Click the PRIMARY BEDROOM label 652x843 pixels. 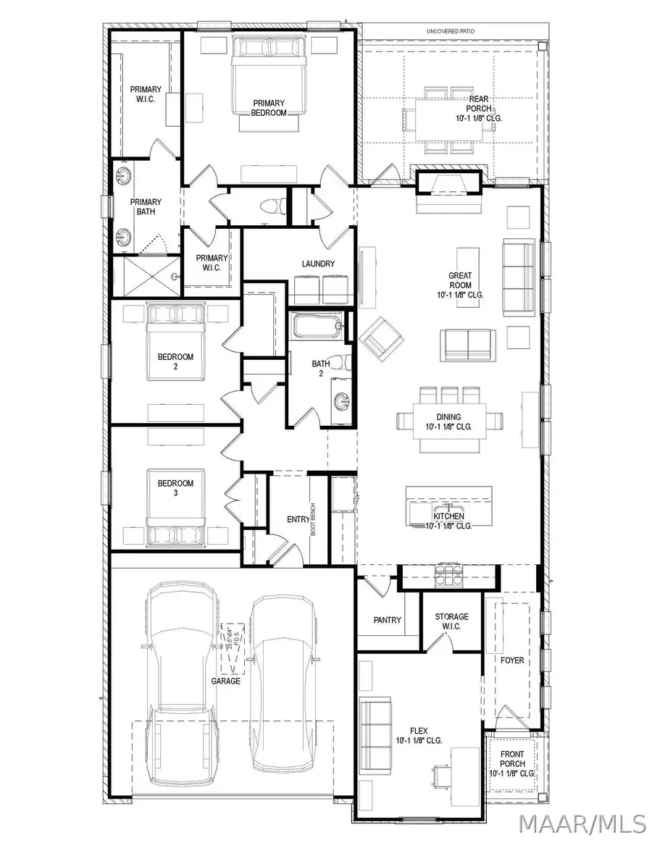(x=269, y=108)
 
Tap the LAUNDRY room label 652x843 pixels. (x=318, y=264)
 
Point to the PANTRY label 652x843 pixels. (x=388, y=620)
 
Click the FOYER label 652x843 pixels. (x=512, y=660)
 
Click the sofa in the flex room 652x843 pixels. (x=375, y=727)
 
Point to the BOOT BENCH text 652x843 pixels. (x=313, y=519)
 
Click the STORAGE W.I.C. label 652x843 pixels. (x=451, y=621)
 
